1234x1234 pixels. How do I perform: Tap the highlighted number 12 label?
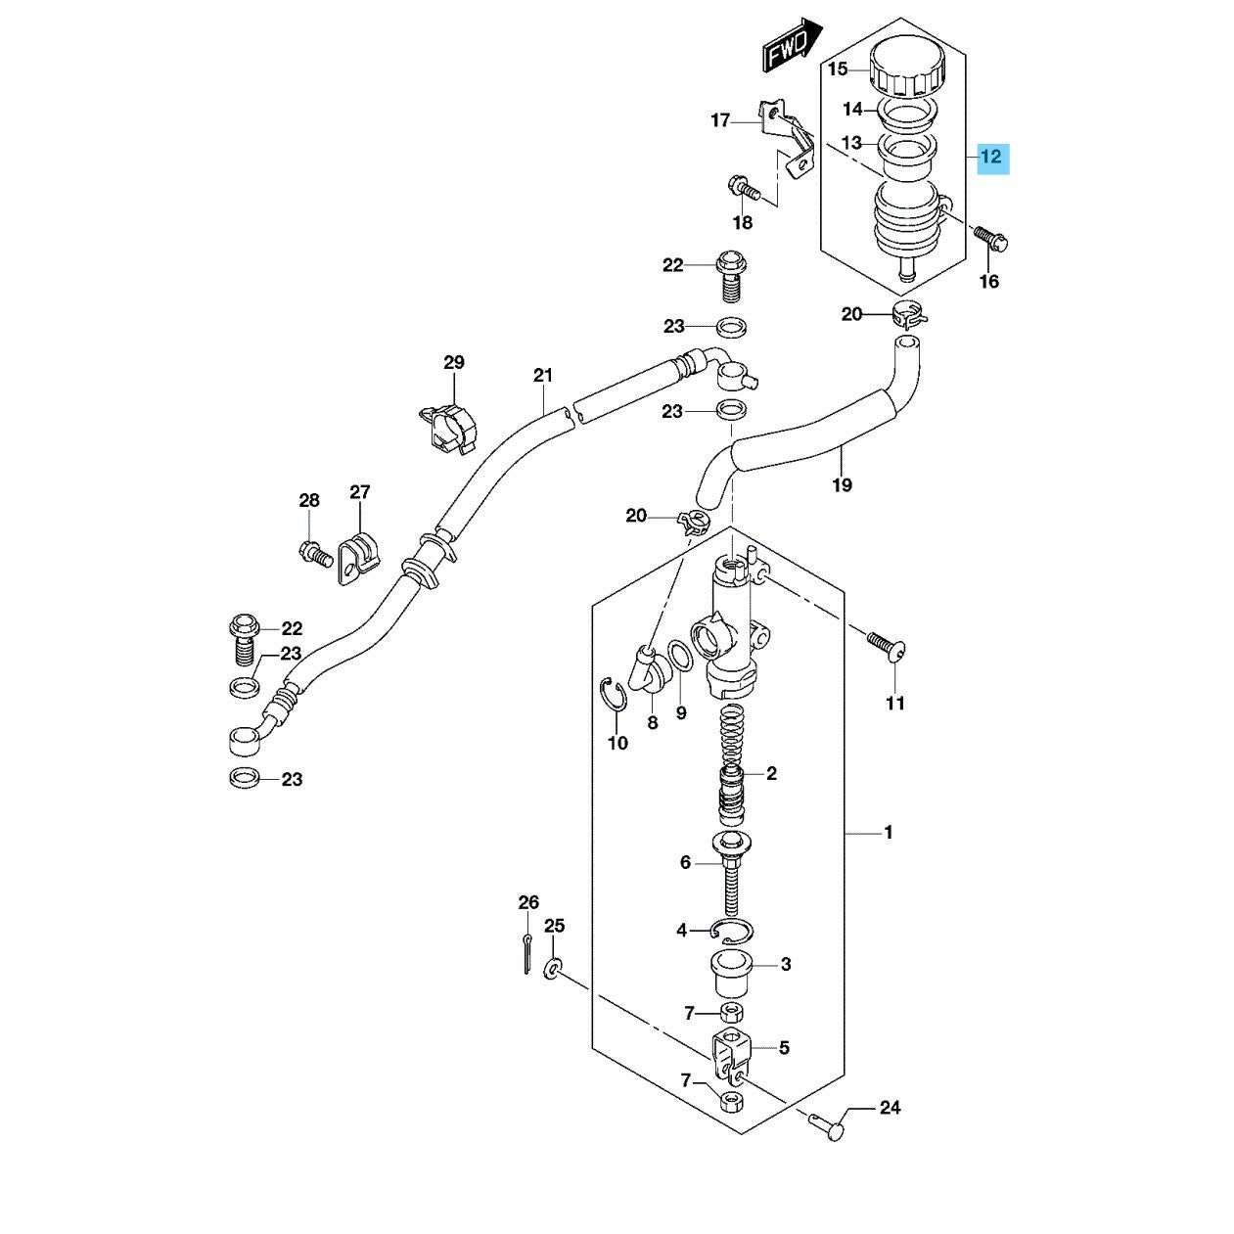tap(992, 159)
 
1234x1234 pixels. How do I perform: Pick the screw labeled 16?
tap(990, 238)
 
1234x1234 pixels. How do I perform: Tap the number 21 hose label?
tap(543, 375)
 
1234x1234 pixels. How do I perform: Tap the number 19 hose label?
tap(843, 484)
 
